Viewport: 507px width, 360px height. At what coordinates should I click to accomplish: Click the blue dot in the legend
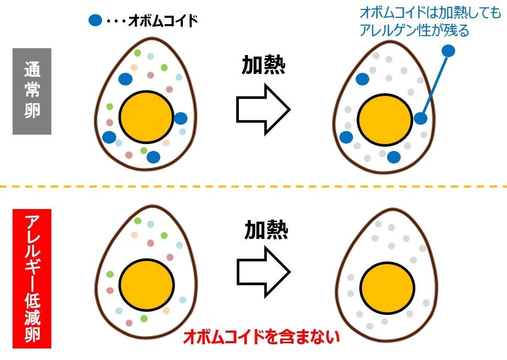pyautogui.click(x=95, y=20)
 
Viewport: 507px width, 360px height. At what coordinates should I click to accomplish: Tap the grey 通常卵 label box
pyautogui.click(x=32, y=91)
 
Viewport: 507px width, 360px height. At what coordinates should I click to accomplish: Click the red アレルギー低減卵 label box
pyautogui.click(x=32, y=278)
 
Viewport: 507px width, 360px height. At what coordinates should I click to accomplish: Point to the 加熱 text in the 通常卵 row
pyautogui.click(x=263, y=66)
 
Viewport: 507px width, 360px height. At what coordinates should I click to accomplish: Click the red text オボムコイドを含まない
pyautogui.click(x=261, y=336)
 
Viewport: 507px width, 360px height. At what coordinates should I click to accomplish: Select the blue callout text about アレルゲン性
pyautogui.click(x=430, y=21)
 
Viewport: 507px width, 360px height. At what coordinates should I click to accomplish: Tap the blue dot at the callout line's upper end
pyautogui.click(x=448, y=51)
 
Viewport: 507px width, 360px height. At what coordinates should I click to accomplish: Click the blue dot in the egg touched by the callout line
pyautogui.click(x=420, y=118)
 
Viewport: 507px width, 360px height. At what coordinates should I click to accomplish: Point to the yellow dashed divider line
pyautogui.click(x=253, y=186)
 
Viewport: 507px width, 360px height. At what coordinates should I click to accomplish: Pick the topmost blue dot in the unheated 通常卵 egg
pyautogui.click(x=125, y=79)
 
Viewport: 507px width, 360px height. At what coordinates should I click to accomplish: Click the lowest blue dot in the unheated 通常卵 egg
pyautogui.click(x=153, y=157)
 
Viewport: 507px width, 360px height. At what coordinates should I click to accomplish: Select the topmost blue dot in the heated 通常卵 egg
pyautogui.click(x=362, y=79)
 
